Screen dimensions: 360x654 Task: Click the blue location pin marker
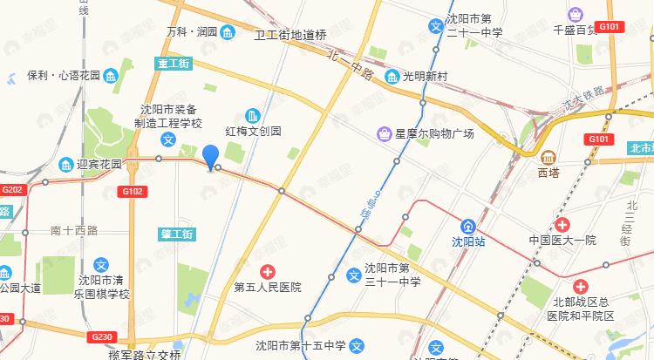coord(210,157)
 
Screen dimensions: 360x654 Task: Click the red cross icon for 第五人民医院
coord(267,271)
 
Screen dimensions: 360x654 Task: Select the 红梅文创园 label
coord(278,132)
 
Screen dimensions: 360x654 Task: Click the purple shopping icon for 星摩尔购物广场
coord(384,133)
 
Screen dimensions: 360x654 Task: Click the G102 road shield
coord(132,191)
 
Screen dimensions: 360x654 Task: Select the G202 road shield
coord(13,189)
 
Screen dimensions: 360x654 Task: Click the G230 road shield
coord(101,336)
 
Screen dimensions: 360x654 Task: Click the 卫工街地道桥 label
coord(290,36)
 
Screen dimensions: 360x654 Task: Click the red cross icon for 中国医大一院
coord(562,224)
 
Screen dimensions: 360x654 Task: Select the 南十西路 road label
coord(74,230)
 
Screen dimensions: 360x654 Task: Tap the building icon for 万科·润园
coord(228,33)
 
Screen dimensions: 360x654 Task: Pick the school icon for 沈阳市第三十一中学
coord(354,275)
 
